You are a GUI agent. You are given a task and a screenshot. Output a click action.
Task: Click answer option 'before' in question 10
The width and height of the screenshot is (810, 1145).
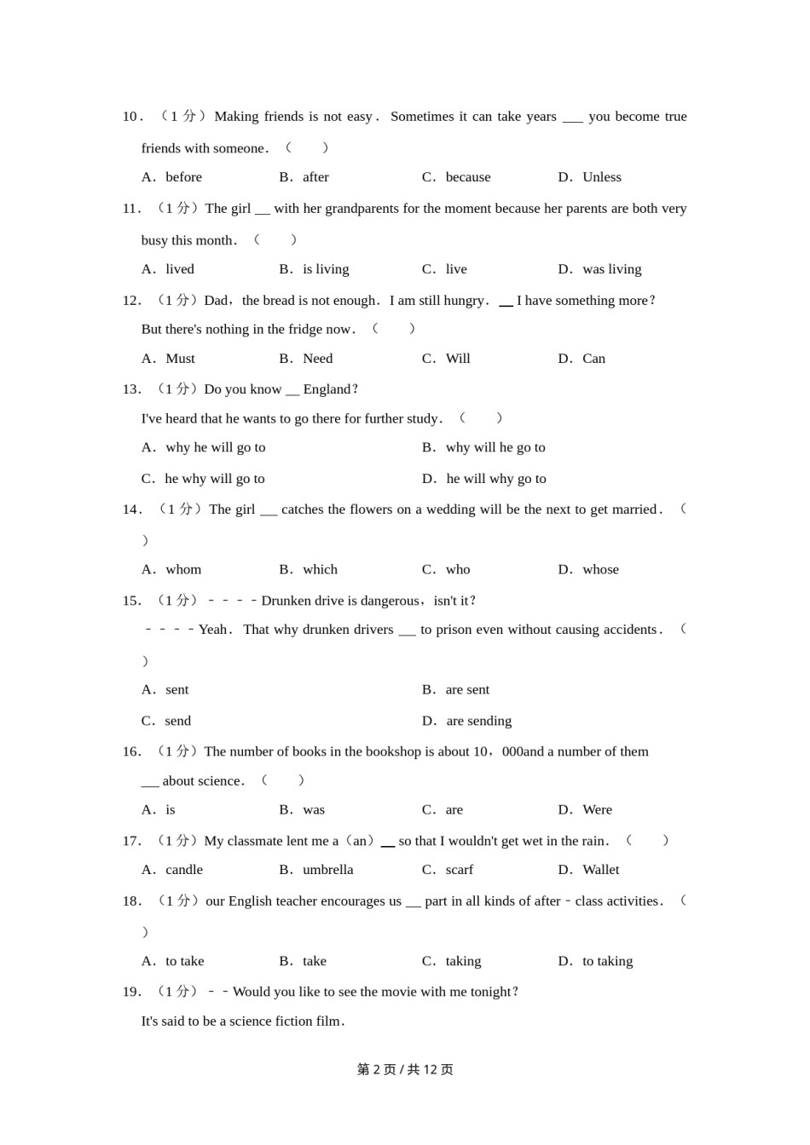[x=183, y=177]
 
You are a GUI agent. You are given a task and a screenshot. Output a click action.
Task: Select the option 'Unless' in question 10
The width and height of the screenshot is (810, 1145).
[x=601, y=177]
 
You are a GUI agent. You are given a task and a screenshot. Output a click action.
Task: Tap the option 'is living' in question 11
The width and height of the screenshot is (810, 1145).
[x=326, y=269]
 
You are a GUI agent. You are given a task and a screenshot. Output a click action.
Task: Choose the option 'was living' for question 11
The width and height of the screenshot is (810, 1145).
[x=611, y=269]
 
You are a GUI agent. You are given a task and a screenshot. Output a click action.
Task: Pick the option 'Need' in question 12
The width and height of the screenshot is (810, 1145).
[x=318, y=359]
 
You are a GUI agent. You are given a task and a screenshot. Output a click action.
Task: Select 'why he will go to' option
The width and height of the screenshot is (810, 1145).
[x=215, y=447]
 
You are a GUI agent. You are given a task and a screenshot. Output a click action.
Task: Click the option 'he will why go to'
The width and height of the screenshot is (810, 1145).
[x=496, y=479]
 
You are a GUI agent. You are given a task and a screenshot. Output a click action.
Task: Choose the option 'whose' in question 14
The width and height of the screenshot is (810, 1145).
[x=600, y=570]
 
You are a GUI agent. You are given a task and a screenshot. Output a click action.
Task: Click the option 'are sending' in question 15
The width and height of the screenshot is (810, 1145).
[x=478, y=721]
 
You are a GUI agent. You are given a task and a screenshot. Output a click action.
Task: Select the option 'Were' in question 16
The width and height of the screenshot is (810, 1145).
[x=597, y=810]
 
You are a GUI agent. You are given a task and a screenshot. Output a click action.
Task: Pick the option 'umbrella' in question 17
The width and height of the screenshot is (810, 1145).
[x=327, y=870]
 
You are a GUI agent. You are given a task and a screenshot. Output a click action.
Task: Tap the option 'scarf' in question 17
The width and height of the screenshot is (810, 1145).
[x=460, y=870]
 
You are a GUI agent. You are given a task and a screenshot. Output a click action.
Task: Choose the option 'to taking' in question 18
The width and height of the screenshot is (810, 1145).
[x=607, y=961]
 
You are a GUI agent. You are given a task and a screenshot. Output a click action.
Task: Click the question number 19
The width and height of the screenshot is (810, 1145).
[x=131, y=992]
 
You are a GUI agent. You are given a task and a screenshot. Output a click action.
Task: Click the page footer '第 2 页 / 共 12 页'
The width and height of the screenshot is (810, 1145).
[x=405, y=1070]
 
